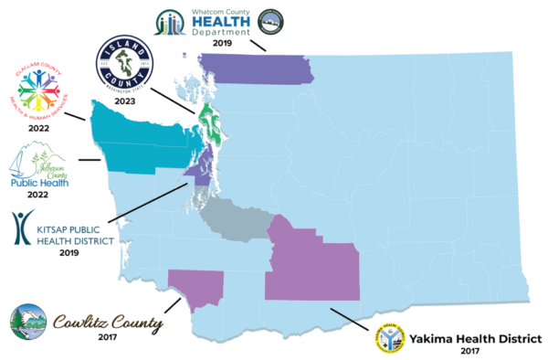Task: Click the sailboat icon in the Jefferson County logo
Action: [x=20, y=164]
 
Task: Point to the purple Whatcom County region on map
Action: [x=256, y=68]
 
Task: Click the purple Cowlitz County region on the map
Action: [x=197, y=286]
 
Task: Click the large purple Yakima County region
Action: [x=315, y=270]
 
